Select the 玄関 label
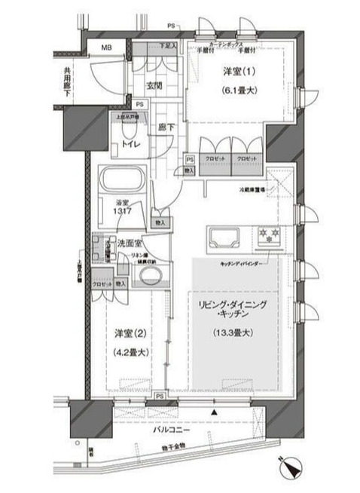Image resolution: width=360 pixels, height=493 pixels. point(154,85)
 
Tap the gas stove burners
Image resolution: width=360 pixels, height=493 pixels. point(267,235)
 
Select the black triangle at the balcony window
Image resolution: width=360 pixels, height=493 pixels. point(215,413)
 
